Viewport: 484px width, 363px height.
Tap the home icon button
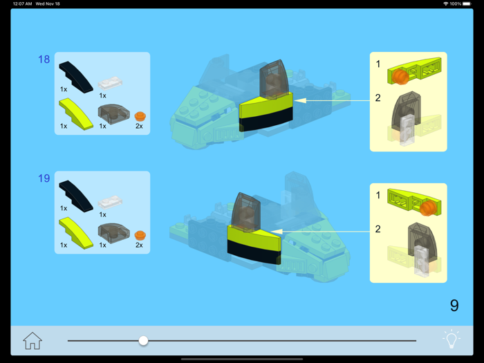coord(32,340)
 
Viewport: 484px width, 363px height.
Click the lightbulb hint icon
coord(451,339)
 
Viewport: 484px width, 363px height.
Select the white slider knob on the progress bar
coord(143,340)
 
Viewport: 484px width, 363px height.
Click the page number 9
coord(454,305)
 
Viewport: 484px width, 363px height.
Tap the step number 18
coord(44,59)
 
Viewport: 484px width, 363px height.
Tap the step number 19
coord(44,178)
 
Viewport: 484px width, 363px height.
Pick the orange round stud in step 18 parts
coord(140,115)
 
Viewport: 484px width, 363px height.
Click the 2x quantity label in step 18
coord(139,127)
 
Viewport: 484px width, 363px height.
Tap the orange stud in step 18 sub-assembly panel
coord(401,77)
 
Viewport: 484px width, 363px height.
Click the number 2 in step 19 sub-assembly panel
coord(378,229)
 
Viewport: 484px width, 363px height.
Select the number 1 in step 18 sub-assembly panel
coord(378,64)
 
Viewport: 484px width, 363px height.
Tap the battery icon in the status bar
coord(467,4)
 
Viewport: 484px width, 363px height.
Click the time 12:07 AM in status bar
coord(22,4)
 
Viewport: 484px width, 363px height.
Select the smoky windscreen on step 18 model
coord(273,79)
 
